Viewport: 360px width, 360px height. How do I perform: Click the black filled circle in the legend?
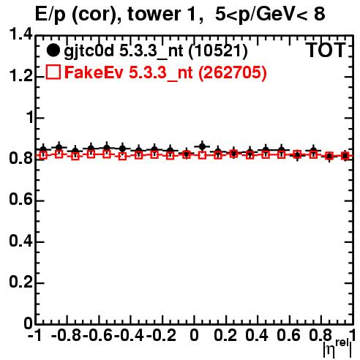53,50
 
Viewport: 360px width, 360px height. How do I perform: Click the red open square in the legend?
53,72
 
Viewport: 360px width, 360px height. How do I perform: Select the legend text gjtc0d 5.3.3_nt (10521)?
156,51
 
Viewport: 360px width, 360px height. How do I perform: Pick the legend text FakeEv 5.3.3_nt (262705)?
166,72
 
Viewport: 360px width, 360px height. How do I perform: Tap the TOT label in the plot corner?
326,50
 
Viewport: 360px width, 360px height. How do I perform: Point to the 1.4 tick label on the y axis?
20,34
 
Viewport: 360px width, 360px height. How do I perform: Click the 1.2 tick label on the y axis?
20,76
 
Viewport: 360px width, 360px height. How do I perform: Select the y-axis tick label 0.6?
20,200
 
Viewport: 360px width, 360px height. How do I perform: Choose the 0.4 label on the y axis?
20,241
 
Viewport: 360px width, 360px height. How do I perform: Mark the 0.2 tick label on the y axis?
20,282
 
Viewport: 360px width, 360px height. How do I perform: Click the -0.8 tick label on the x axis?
66,335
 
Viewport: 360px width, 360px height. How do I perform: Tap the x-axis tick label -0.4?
130,335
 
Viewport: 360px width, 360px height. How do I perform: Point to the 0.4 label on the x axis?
257,335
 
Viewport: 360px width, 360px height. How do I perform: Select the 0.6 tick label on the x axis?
288,335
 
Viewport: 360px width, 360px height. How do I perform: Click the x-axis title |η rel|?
337,348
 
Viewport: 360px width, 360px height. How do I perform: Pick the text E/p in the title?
50,15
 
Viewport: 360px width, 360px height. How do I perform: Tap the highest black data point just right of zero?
202,146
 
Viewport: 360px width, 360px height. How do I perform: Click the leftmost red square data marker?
43,155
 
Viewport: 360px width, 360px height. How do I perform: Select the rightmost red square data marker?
345,156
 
